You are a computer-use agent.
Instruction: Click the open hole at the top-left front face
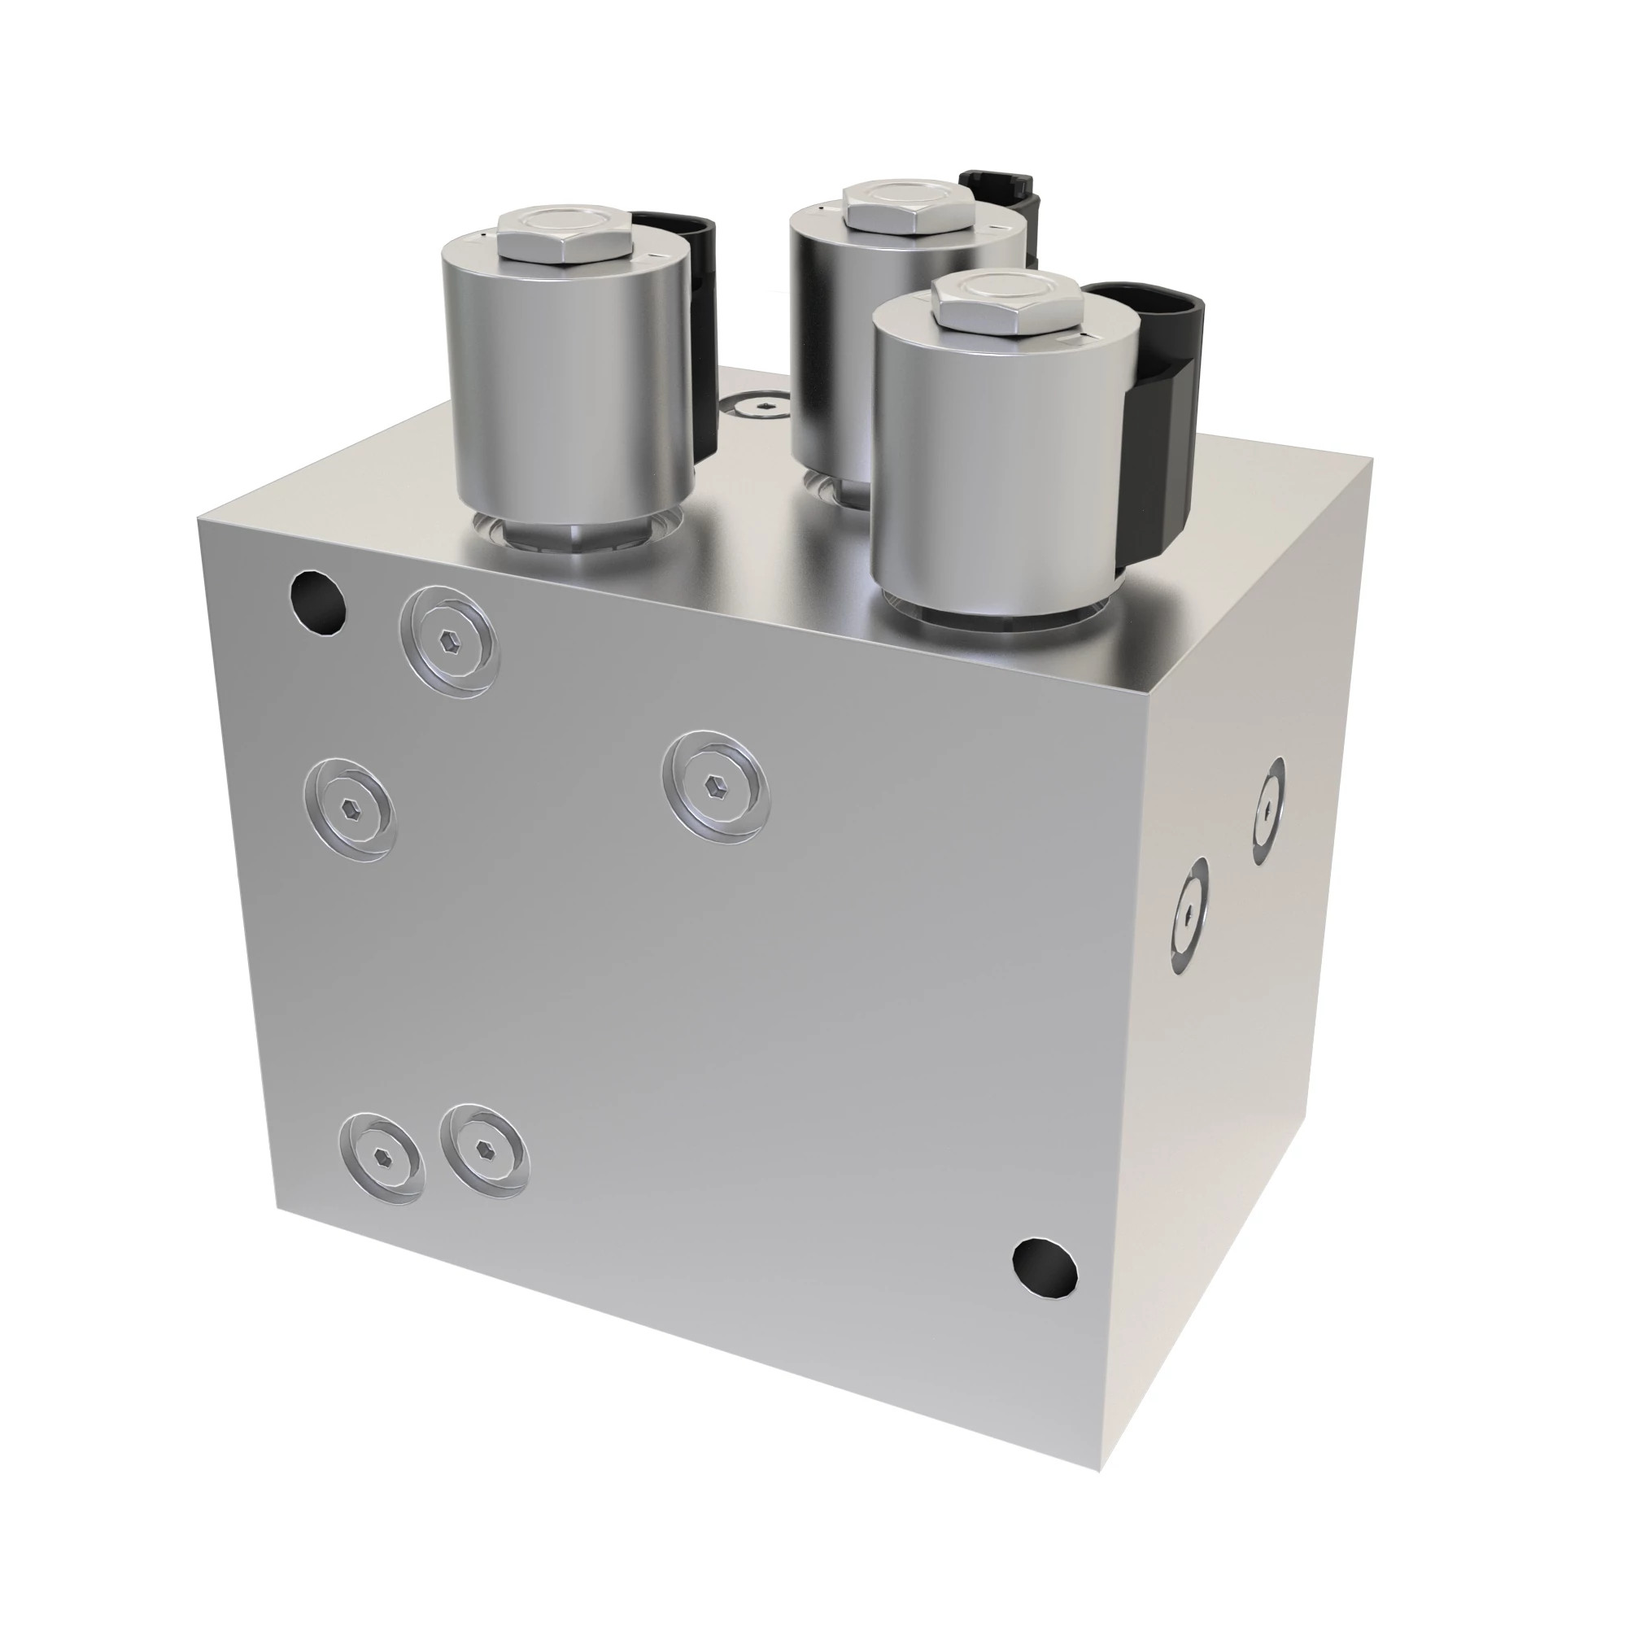(x=317, y=601)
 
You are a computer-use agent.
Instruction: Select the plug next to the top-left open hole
(x=451, y=641)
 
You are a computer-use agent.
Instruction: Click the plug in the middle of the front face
(x=715, y=783)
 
